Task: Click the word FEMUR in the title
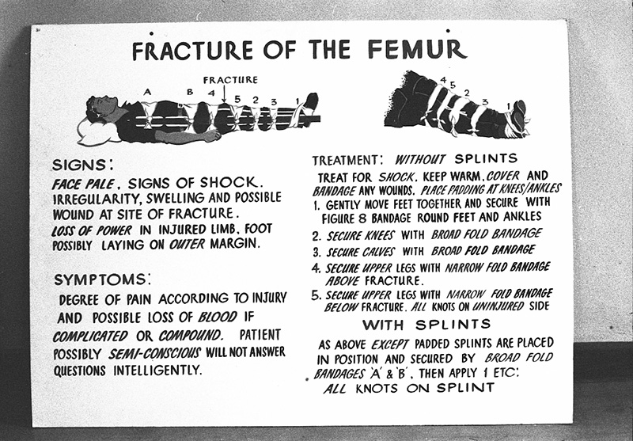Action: [x=416, y=50]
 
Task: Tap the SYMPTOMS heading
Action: [x=100, y=279]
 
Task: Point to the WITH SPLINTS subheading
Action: [x=426, y=325]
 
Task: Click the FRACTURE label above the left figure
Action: [x=230, y=80]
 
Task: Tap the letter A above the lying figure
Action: [x=147, y=93]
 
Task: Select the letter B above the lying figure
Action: [x=189, y=93]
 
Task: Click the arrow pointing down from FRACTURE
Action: [x=225, y=94]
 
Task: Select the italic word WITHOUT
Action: [x=420, y=158]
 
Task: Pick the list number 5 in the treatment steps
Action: [x=316, y=295]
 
